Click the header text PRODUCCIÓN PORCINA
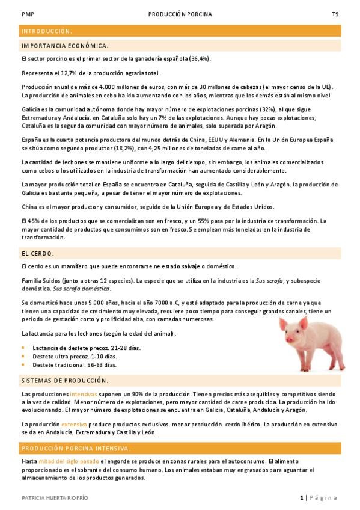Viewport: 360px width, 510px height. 180,13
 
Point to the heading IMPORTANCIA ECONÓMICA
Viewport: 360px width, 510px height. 65,45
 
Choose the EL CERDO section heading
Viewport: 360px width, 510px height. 37,253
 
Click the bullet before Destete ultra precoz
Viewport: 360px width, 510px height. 23,356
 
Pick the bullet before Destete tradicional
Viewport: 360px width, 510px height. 23,364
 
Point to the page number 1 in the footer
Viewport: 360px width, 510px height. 301,497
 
